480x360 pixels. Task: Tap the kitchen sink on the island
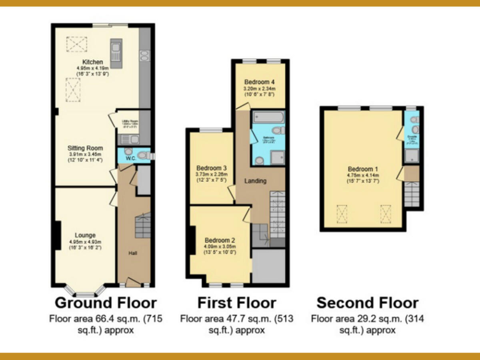coord(116,48)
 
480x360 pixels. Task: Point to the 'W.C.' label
coord(130,159)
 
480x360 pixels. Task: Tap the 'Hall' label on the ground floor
coord(133,252)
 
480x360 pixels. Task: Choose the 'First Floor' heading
coord(236,303)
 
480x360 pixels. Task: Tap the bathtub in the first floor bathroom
coord(268,117)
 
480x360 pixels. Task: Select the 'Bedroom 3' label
coord(211,168)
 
